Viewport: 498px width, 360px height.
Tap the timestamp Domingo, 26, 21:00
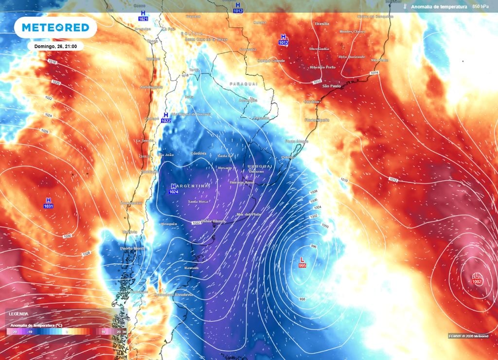point(52,46)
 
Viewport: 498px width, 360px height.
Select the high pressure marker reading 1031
point(48,203)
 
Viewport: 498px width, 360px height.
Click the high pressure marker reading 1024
point(174,189)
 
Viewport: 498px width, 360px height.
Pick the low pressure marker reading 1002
point(477,279)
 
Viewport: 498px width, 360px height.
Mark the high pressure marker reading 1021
point(142,15)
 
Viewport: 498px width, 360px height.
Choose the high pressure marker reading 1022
point(166,118)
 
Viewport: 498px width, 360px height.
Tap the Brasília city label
point(322,23)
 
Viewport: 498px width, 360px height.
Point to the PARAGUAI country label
point(243,84)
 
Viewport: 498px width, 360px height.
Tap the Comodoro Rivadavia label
point(173,294)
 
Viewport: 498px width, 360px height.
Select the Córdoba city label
point(198,153)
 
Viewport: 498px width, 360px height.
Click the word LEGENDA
point(18,314)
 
